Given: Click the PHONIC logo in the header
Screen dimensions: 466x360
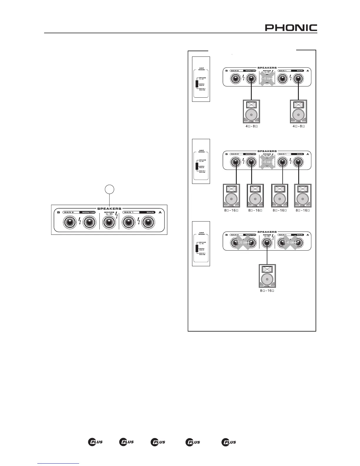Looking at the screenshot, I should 291,28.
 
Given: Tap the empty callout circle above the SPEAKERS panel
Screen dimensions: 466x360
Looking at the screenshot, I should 109,190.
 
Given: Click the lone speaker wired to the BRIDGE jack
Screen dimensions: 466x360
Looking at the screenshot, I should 267,276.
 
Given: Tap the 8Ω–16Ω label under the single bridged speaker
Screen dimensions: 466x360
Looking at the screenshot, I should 267,291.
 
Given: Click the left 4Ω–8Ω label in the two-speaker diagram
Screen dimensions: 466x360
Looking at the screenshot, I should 251,126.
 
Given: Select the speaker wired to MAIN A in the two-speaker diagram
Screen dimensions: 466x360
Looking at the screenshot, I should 298,111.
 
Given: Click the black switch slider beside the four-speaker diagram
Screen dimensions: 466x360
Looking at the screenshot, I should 197,166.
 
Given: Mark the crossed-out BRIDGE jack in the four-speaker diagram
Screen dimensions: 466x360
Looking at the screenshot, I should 267,161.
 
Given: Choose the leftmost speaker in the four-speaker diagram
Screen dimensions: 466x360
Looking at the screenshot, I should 231,195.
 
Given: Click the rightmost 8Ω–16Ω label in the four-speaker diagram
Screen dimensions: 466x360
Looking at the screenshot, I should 303,210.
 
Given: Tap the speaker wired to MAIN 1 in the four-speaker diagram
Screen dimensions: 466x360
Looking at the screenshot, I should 279,195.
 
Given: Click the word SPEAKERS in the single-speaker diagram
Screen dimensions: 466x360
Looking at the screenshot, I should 267,232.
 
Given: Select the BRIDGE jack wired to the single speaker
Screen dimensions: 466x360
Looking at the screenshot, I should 267,243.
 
